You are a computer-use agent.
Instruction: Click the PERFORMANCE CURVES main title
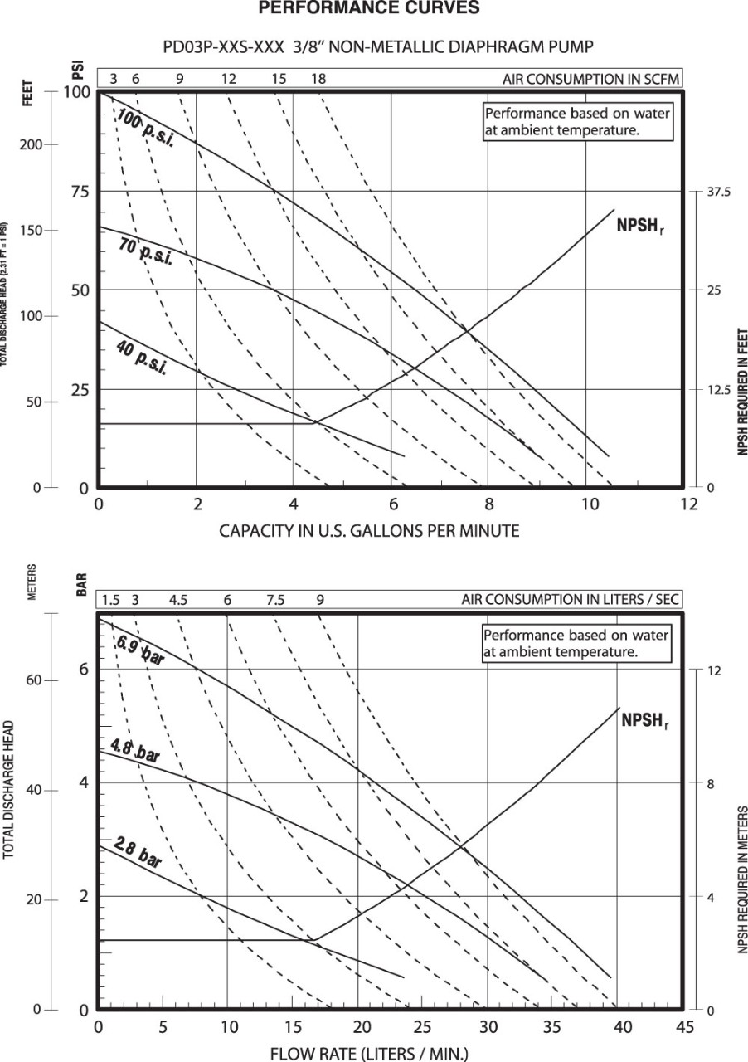coord(369,8)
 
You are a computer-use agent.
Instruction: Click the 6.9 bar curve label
coord(139,651)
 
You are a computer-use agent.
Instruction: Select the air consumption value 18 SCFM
coord(318,79)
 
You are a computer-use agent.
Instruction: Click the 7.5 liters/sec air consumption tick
coord(274,600)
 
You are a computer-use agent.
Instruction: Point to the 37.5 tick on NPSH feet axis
coord(718,192)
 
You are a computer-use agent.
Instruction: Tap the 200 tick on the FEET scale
coord(29,144)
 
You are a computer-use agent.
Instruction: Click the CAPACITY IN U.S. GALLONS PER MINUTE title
coord(369,531)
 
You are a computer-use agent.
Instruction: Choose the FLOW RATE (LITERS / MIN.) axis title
coord(369,1054)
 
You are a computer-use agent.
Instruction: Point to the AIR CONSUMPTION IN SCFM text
coord(591,79)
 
